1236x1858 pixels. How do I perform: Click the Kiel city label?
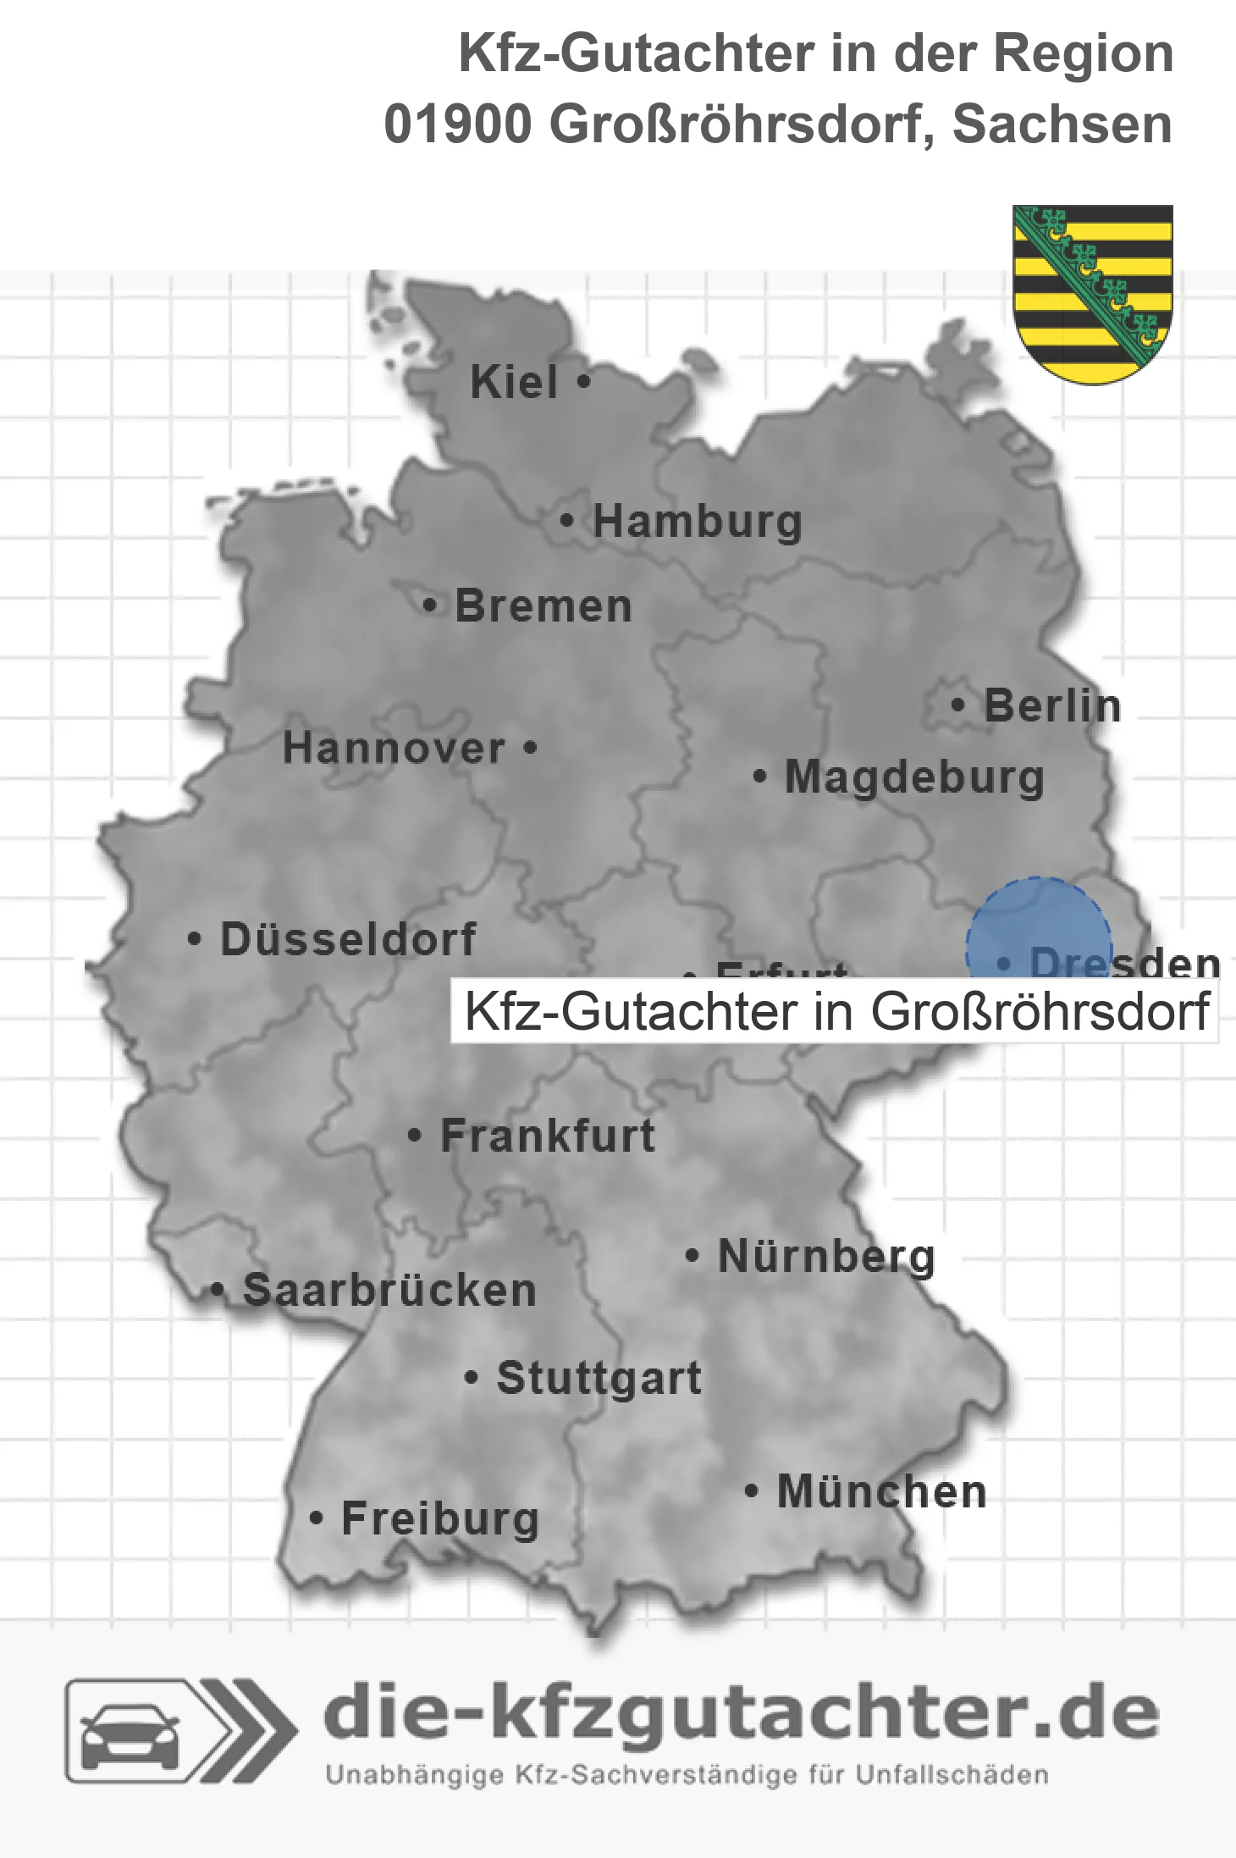coord(514,382)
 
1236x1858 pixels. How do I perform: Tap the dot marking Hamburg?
coord(567,521)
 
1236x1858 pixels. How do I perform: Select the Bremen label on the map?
coord(544,606)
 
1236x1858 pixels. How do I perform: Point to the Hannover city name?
coord(394,749)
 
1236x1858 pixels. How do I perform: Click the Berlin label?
coord(1052,706)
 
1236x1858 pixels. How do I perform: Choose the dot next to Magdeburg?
coord(760,776)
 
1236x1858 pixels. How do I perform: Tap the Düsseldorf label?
coord(348,939)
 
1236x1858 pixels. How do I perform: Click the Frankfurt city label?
coord(548,1136)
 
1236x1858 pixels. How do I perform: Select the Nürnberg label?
coord(826,1256)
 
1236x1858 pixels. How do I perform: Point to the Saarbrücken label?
coord(389,1291)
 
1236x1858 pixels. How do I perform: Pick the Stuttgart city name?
coord(599,1378)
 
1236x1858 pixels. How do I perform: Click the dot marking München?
coord(751,1491)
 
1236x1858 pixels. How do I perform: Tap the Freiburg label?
coord(440,1519)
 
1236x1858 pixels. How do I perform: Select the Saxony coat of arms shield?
coord(1093,293)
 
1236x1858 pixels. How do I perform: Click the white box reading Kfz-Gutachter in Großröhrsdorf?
coord(835,1011)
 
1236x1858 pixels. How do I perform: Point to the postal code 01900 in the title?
coord(457,124)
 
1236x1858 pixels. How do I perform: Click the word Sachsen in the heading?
coord(1062,124)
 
